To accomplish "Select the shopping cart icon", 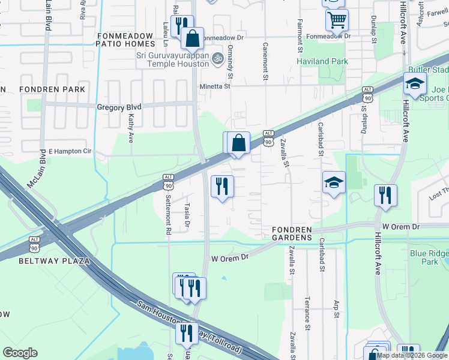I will pos(337,20).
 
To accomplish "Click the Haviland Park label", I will pos(322,61).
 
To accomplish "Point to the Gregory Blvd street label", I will pos(119,107).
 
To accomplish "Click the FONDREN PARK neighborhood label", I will pos(52,89).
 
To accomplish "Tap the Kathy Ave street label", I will pos(130,130).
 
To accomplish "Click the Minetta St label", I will pos(215,86).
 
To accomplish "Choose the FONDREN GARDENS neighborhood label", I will pos(292,233).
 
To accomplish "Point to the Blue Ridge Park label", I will pos(429,257).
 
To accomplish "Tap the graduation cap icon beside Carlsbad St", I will pos(334,183).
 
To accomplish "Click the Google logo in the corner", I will pos(20,353).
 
